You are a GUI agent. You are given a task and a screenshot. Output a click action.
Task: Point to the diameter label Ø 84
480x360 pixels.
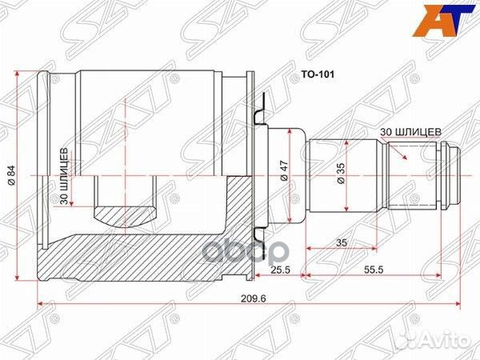click(10, 174)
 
